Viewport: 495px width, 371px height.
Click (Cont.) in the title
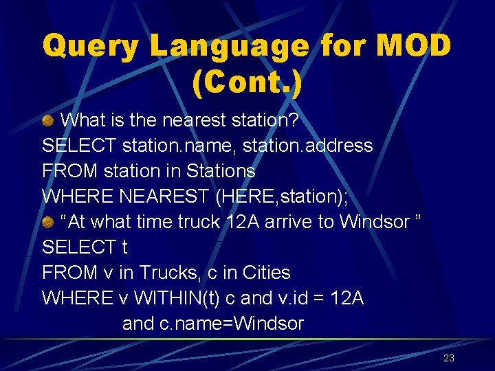[247, 82]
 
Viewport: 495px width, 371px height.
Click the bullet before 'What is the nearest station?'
[48, 121]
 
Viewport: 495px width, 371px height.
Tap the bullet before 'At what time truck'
[48, 222]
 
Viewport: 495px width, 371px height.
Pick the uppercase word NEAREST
[164, 196]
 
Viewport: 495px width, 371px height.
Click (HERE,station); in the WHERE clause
[282, 196]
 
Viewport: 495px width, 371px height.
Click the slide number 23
[449, 358]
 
